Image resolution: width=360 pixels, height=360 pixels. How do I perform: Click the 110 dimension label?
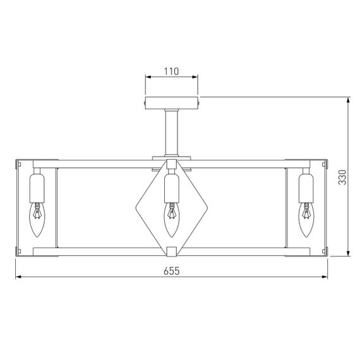tap(172, 71)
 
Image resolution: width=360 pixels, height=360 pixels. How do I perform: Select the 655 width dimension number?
tap(172, 271)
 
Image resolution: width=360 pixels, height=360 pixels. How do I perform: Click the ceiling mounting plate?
tap(172, 103)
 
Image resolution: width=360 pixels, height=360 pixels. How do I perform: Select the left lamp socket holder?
tap(37, 186)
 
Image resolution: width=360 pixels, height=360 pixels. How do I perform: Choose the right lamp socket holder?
tap(306, 186)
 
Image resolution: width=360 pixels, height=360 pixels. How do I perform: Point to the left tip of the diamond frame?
tap(137, 206)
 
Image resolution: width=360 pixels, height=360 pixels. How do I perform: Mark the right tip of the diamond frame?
tap(206, 206)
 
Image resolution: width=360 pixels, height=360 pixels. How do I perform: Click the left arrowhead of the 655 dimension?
tap(18, 278)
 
